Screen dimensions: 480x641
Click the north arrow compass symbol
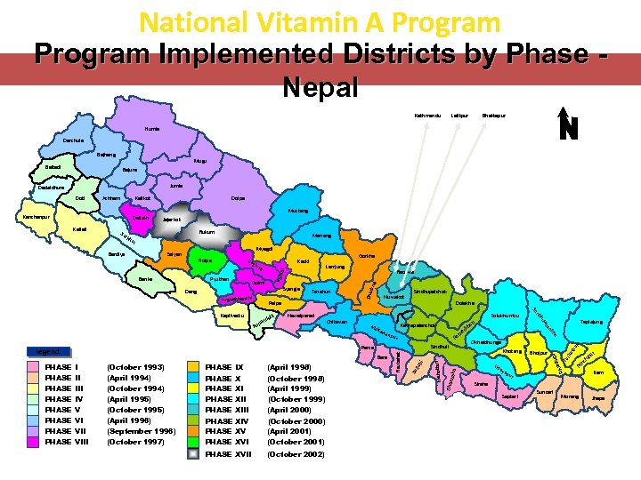(x=568, y=125)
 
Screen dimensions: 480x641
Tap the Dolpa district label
(x=238, y=197)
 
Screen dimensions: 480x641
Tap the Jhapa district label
(x=598, y=397)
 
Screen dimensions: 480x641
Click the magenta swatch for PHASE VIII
(x=34, y=442)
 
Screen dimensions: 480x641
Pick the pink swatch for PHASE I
(x=34, y=367)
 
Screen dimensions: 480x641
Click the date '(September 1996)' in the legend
(x=140, y=431)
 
